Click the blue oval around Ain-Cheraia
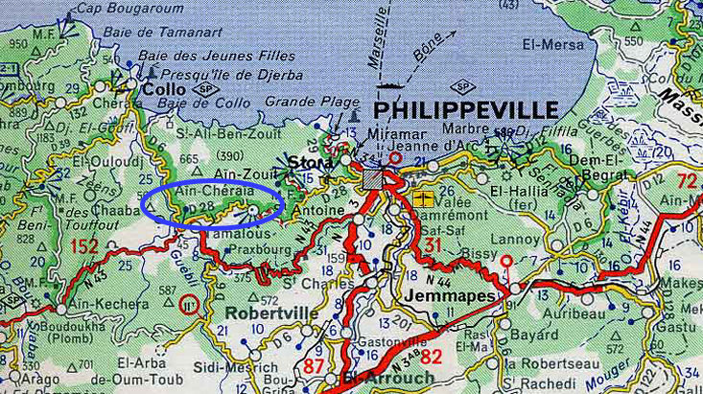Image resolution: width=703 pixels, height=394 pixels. point(212,202)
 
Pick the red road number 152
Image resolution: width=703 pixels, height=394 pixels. point(84,246)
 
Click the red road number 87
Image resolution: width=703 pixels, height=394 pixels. point(313,367)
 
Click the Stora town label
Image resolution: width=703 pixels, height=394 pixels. point(306,164)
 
